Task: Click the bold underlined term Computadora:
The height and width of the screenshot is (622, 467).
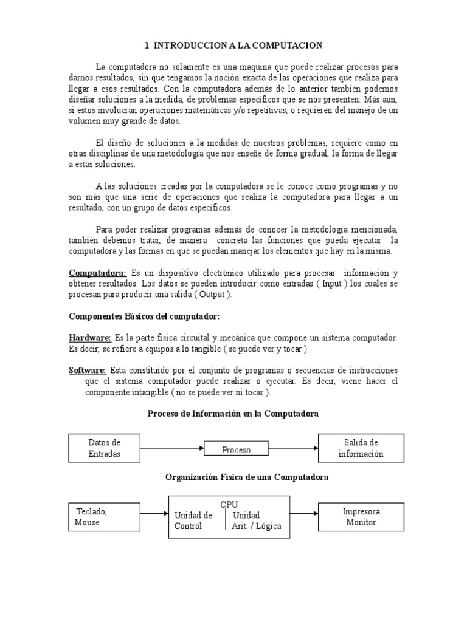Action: tap(97, 273)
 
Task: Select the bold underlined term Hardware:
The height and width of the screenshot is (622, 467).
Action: tap(90, 337)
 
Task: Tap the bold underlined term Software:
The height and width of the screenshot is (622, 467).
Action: tap(88, 371)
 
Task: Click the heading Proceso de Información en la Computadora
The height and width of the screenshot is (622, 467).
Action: tap(233, 414)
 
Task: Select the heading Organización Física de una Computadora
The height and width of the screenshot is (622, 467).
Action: tap(247, 477)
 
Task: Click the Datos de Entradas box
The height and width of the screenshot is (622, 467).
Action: tap(105, 448)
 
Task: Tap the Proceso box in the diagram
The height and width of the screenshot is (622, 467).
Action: tap(237, 449)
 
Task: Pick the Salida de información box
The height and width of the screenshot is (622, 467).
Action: tap(361, 448)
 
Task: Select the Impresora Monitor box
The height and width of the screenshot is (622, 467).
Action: tap(361, 517)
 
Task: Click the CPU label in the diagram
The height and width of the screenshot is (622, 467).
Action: tap(229, 504)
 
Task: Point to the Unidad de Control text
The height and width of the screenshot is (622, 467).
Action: tap(193, 521)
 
